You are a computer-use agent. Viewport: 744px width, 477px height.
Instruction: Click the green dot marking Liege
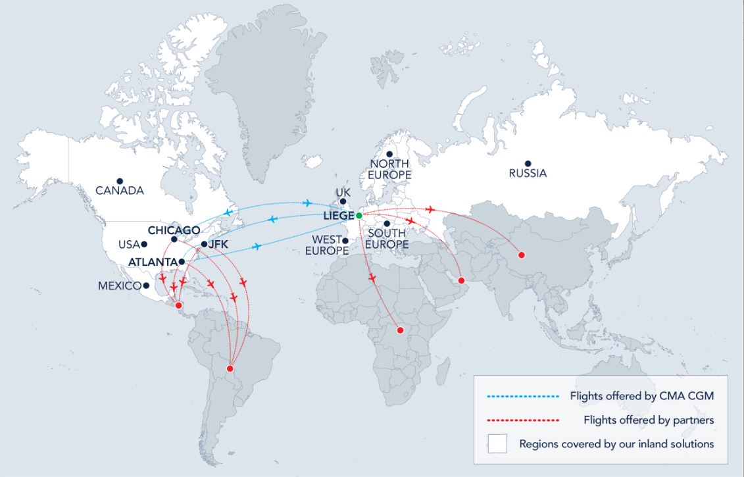[x=359, y=215]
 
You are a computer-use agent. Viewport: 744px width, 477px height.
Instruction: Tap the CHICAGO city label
[x=174, y=230]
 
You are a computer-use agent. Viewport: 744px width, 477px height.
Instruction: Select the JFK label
[x=218, y=244]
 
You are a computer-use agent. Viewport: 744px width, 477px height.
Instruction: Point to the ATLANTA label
[x=153, y=262]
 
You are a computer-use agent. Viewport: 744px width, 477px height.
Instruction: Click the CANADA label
[x=119, y=191]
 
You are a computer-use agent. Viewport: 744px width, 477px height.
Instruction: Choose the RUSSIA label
[x=528, y=174]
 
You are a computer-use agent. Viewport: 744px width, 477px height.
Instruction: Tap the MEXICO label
[x=120, y=286]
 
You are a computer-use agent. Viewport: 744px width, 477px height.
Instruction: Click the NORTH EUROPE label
[x=389, y=169]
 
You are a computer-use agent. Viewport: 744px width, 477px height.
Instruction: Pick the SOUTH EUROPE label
[x=387, y=239]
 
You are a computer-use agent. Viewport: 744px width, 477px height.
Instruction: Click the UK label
[x=343, y=192]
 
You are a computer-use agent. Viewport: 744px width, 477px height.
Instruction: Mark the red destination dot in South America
[x=230, y=368]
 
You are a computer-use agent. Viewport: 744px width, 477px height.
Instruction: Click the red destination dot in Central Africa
[x=399, y=330]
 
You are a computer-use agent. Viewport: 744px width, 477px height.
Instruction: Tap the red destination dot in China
[x=522, y=255]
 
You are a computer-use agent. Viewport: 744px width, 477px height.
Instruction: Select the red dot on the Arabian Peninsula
[x=462, y=281]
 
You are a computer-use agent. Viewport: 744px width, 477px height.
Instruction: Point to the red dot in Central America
[x=178, y=305]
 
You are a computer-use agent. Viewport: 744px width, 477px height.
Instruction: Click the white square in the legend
[x=497, y=443]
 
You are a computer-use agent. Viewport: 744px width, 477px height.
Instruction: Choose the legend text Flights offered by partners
[x=649, y=420]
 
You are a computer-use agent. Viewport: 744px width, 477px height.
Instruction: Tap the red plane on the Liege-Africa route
[x=372, y=278]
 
